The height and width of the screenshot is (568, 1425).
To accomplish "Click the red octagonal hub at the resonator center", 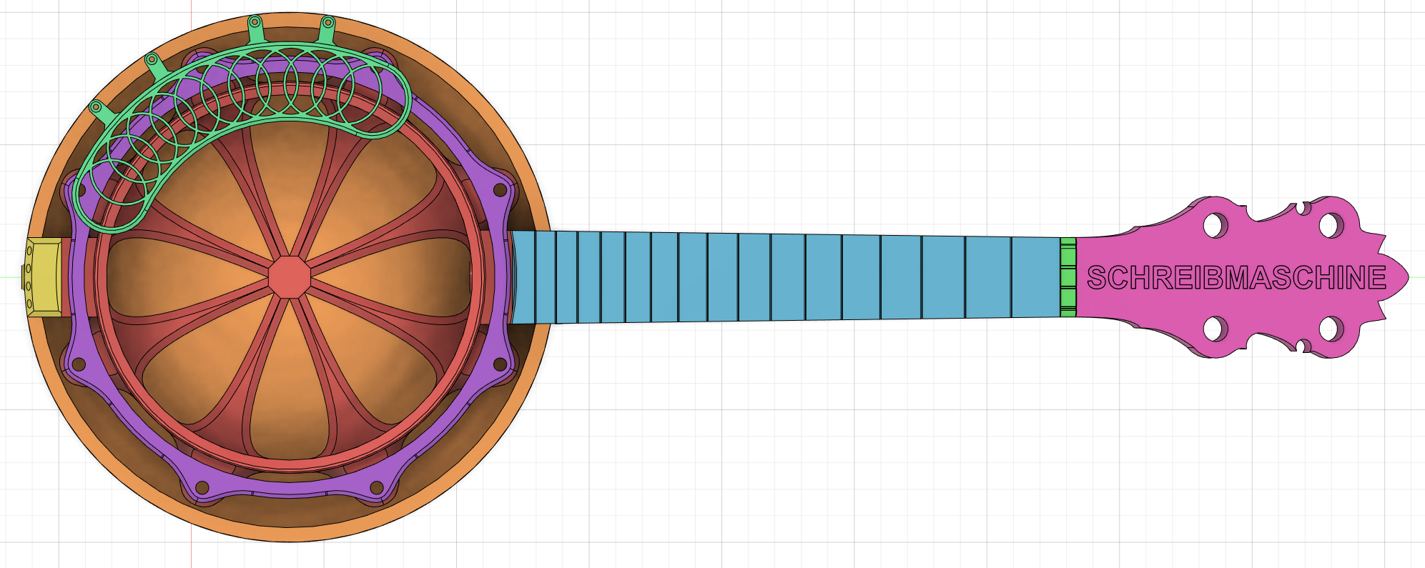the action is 290,276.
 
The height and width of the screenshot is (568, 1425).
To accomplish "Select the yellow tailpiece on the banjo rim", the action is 44,277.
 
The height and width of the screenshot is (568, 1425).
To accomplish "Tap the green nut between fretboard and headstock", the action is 1067,277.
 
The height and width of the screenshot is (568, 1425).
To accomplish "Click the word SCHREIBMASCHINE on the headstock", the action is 1236,277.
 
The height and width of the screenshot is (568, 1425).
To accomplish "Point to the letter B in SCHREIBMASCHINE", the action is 1213,277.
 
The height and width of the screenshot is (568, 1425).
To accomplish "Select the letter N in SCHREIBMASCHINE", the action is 1353,277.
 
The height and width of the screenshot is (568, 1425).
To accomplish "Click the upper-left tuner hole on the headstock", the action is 1214,226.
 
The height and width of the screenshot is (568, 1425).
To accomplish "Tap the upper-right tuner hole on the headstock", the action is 1331,226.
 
